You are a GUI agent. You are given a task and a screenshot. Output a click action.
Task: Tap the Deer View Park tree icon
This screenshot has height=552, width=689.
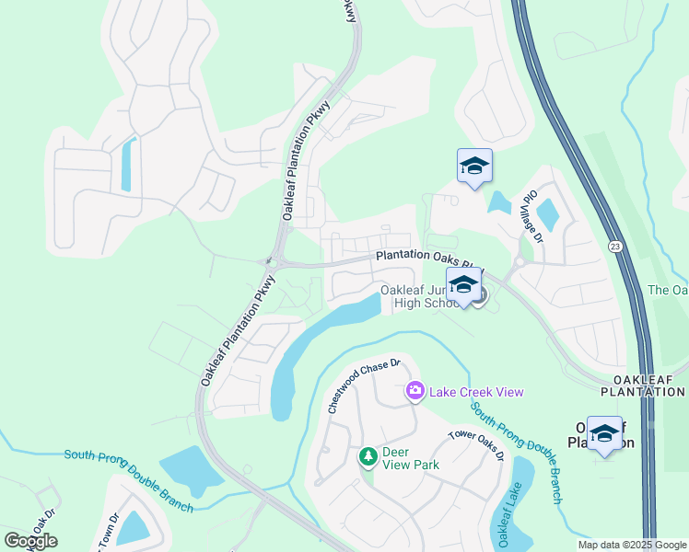tap(368, 456)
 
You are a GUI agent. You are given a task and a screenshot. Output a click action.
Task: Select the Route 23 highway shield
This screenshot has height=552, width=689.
tap(613, 247)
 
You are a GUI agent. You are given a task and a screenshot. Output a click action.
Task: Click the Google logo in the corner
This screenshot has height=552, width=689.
tap(30, 540)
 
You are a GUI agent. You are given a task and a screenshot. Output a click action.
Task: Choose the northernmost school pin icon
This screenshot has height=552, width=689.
tap(474, 166)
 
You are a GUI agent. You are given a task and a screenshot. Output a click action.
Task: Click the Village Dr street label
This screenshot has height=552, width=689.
tap(529, 215)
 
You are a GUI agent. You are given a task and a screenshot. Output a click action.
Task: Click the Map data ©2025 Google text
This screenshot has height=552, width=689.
tap(631, 545)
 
